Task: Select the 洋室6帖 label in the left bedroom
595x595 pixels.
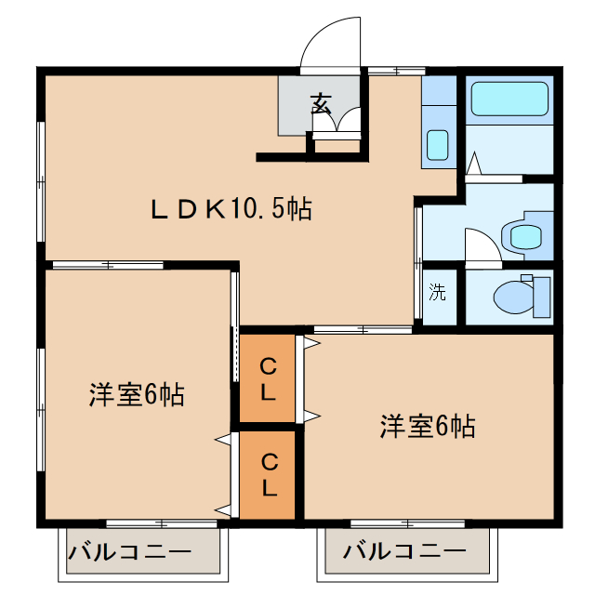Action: click(x=137, y=395)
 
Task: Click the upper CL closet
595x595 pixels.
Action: click(x=268, y=377)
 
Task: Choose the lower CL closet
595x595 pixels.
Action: click(x=268, y=473)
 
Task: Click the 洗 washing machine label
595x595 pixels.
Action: click(x=437, y=293)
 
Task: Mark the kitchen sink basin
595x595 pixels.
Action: click(x=437, y=145)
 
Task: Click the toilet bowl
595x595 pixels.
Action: click(x=510, y=297)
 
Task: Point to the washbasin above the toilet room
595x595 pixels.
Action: click(x=525, y=236)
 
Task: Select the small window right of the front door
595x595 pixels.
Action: click(x=394, y=70)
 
